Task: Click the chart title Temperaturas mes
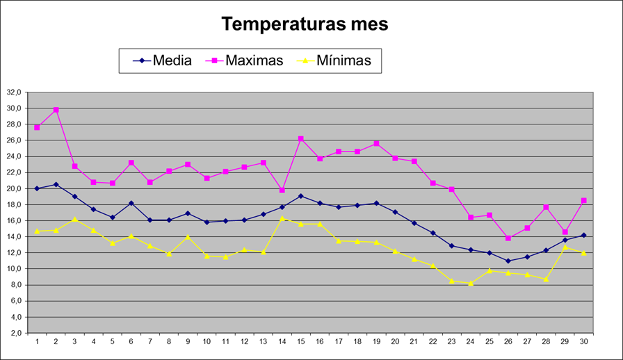tap(305, 24)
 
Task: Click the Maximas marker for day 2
tap(56, 110)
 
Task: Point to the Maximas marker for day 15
tap(300, 139)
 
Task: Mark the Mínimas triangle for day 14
tap(282, 218)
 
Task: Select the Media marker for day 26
tap(508, 261)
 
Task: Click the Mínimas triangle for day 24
tap(470, 283)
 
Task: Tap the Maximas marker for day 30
tap(583, 201)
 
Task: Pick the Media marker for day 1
tap(37, 188)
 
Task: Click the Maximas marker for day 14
tap(282, 190)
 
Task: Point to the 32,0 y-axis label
tap(14, 92)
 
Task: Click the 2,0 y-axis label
tap(15, 333)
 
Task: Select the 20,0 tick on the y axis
tap(14, 188)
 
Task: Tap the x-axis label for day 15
tap(300, 342)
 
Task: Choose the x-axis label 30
tap(583, 342)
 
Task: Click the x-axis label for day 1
tap(37, 342)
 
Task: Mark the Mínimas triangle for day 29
tap(565, 247)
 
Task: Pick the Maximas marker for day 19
tap(376, 144)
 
